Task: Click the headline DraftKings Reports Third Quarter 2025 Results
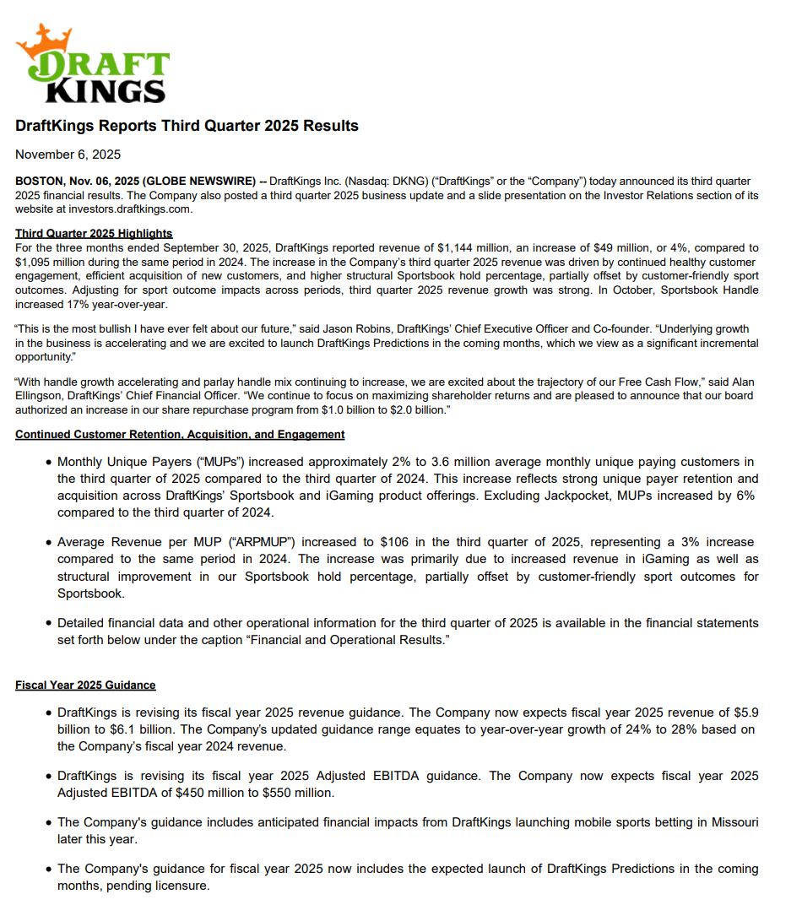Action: [187, 127]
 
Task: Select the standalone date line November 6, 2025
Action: [68, 154]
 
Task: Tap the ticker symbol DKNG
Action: [449, 182]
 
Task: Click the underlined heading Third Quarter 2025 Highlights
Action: [94, 234]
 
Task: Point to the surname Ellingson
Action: [48, 397]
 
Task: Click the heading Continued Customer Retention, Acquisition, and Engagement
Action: [180, 435]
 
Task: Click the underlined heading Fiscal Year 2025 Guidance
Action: [85, 685]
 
